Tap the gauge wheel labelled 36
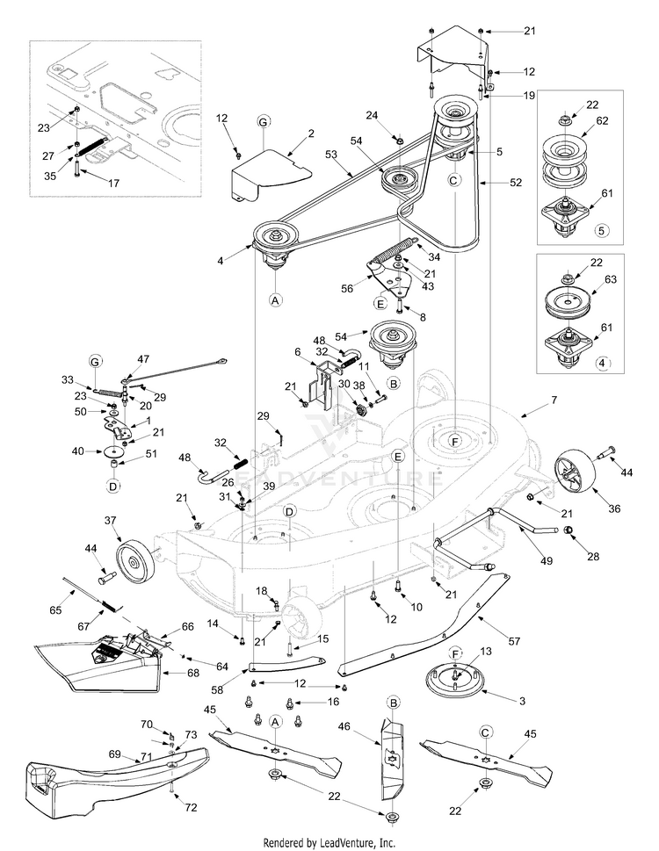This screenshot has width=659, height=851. pos(574,476)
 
